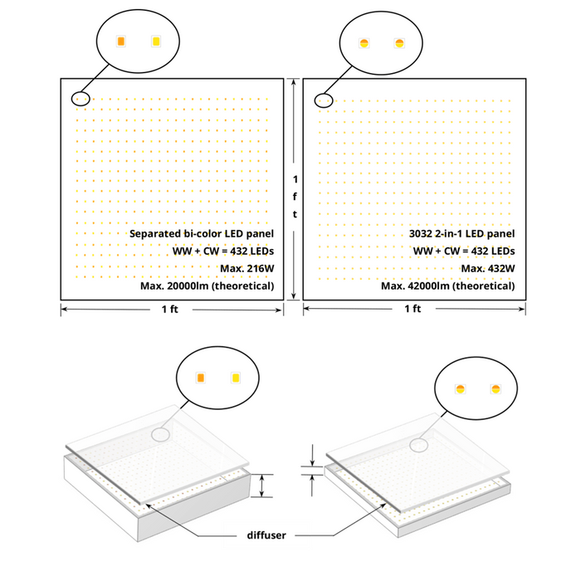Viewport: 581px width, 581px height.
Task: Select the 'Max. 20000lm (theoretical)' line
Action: [x=219, y=286]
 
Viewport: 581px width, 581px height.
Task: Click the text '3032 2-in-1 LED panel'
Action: [x=461, y=234]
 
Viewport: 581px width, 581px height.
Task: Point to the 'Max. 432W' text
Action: [x=488, y=268]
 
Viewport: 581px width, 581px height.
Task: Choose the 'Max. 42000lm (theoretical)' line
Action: [x=448, y=286]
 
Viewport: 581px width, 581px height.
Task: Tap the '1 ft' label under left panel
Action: [x=169, y=309]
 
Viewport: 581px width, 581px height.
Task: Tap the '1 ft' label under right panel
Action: [x=413, y=309]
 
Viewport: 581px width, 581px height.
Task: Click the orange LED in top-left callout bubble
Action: [x=121, y=41]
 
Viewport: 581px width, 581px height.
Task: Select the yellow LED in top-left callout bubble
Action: [x=155, y=41]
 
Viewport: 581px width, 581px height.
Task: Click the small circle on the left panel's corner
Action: [x=79, y=98]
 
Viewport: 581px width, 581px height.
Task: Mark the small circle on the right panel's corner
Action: [x=325, y=100]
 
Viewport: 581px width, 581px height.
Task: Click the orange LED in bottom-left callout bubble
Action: [x=200, y=378]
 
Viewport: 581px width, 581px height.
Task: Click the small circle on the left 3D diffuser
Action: [x=160, y=434]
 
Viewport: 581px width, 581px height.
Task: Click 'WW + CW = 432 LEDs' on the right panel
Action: [x=463, y=251]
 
